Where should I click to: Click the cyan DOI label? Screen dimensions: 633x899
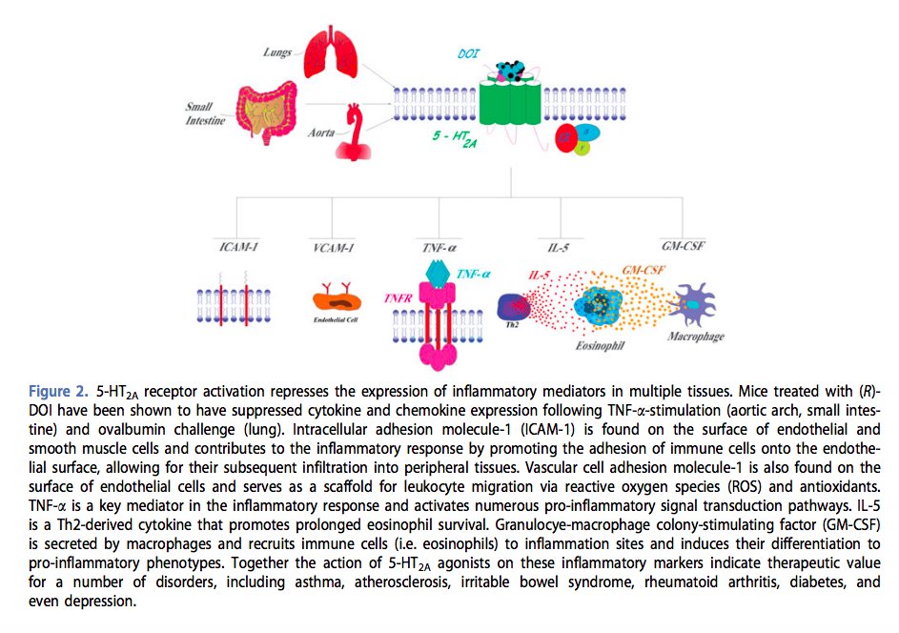tap(469, 56)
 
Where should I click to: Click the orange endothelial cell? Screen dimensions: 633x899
tap(337, 301)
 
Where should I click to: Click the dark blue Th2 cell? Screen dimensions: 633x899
tap(517, 307)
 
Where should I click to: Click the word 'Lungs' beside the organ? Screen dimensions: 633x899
tap(277, 51)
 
